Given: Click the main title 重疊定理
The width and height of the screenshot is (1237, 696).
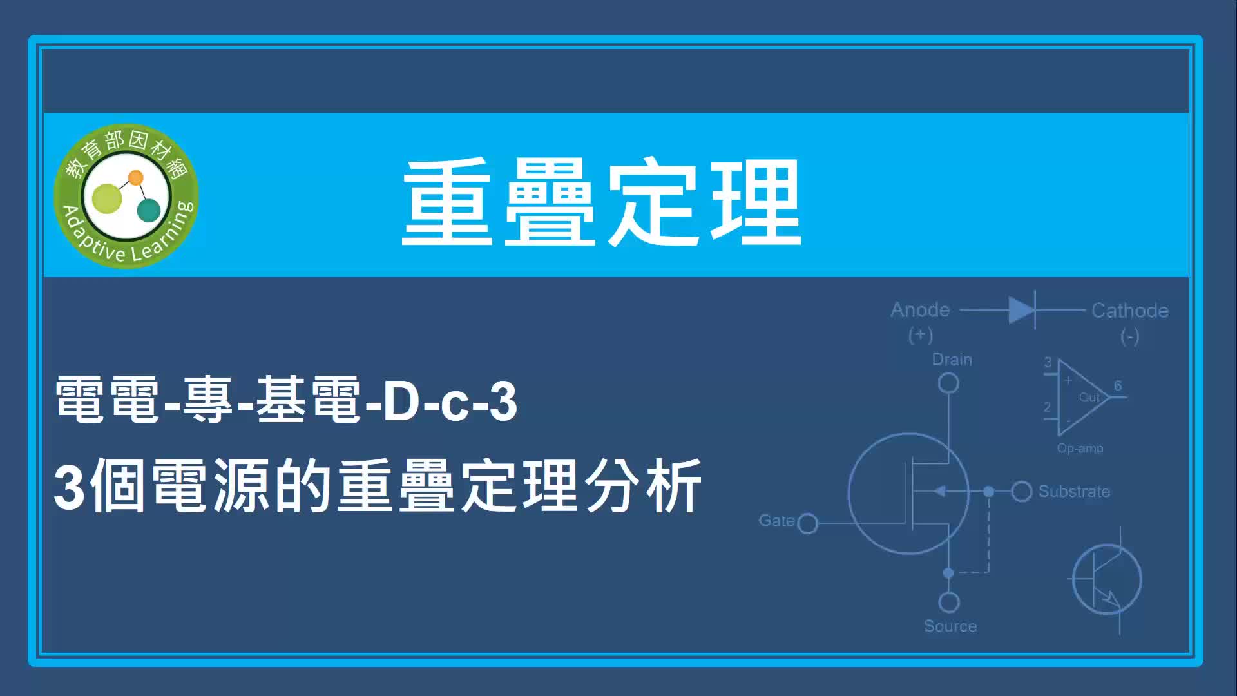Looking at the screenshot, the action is tap(602, 202).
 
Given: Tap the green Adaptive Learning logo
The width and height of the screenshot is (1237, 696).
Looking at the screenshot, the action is tap(126, 196).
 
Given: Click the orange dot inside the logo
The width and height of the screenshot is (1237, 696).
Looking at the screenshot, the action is tap(136, 177).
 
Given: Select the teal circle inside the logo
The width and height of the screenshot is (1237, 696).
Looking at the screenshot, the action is tap(149, 210).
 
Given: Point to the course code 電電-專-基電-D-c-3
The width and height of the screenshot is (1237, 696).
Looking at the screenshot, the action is tap(286, 400).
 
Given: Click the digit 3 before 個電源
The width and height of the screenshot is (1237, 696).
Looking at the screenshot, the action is tap(70, 487).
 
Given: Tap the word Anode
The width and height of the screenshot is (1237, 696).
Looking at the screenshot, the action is tap(920, 310).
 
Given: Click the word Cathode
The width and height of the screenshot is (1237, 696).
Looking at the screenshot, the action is tap(1129, 311).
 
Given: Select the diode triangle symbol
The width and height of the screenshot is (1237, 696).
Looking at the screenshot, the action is tap(1021, 310).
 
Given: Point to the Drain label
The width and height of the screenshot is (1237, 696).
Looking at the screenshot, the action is tap(952, 360).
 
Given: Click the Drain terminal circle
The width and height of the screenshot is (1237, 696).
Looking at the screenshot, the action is tap(948, 383).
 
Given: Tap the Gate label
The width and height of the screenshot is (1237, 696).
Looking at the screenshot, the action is tap(776, 520).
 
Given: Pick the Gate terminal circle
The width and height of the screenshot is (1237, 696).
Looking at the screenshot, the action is tap(807, 523).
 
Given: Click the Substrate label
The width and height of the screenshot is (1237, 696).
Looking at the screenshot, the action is tap(1074, 492).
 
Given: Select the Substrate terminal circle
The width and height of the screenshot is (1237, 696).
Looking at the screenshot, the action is tap(1022, 492).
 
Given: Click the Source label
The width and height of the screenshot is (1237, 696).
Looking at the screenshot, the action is tap(950, 626).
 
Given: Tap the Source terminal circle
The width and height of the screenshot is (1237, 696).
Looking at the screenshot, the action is tap(949, 603).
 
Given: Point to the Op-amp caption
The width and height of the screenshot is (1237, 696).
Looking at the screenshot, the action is tap(1080, 449).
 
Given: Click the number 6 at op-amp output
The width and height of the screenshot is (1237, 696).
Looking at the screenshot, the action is tap(1118, 385).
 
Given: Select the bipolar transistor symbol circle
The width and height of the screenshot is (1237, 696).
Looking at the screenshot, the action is tap(1073, 580).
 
